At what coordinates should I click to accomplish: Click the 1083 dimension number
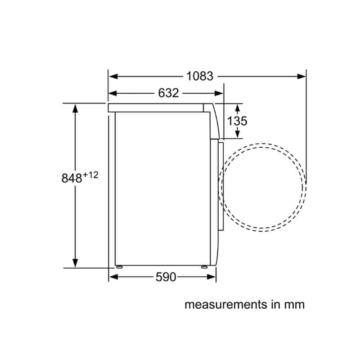[x=200, y=76]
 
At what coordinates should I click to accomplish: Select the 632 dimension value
[x=168, y=93]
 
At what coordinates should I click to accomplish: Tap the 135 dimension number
[x=238, y=121]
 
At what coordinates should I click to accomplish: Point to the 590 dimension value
[x=166, y=277]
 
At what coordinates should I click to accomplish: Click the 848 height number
[x=72, y=178]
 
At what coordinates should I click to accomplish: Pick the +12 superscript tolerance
[x=91, y=175]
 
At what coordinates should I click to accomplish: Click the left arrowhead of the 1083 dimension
[x=113, y=76]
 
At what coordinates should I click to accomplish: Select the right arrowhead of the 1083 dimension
[x=301, y=76]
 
